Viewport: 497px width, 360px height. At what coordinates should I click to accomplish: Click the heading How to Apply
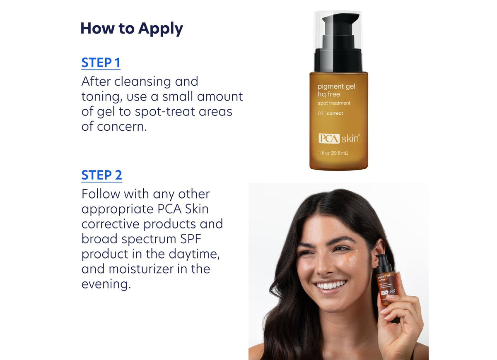point(131,29)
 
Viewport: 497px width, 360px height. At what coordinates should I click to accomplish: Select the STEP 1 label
point(101,63)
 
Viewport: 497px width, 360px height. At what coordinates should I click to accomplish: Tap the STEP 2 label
point(101,175)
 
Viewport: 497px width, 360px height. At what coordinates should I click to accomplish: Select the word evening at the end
point(106,284)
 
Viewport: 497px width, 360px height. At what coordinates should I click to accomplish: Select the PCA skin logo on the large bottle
point(339,139)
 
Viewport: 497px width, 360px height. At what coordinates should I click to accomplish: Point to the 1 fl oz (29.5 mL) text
point(333,153)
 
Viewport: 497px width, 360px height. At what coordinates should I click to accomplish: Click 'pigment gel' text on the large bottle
point(336,86)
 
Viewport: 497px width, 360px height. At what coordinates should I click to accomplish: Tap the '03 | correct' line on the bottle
point(330,113)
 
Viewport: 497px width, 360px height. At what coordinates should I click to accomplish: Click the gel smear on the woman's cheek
point(353,259)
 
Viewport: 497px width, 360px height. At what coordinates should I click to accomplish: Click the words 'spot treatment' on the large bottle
point(334,103)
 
